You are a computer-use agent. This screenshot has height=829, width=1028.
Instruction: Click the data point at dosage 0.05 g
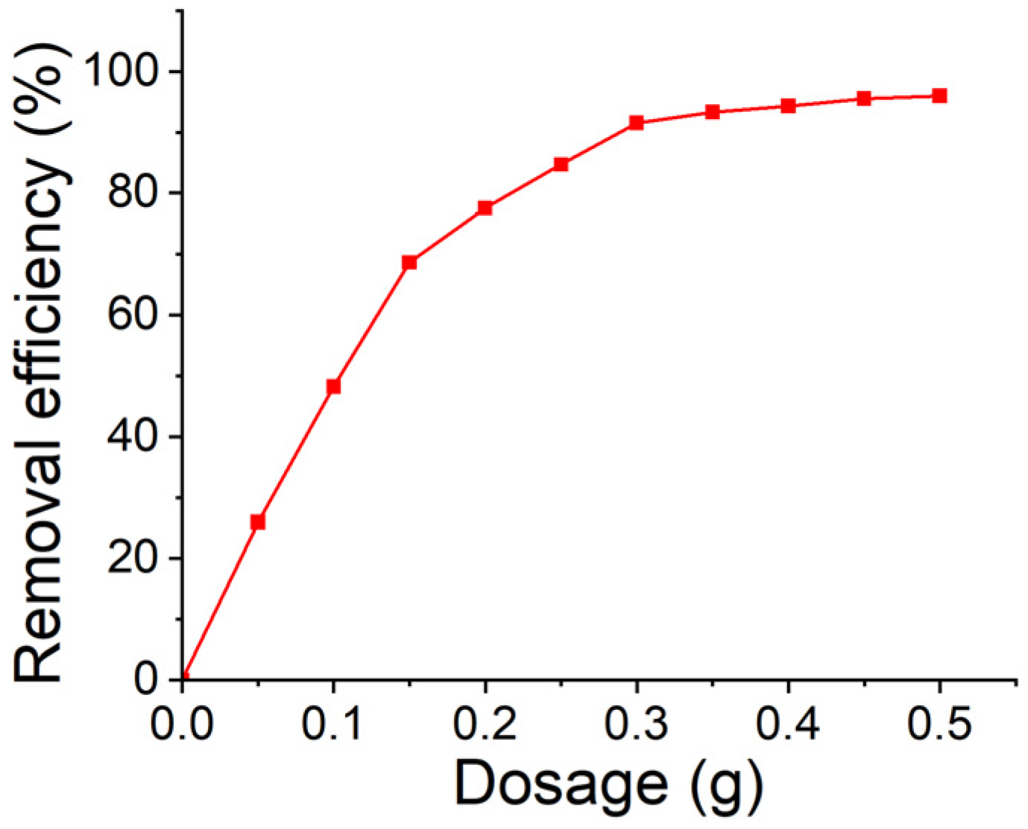tap(258, 522)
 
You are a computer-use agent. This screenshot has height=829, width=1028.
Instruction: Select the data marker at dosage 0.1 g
tap(333, 387)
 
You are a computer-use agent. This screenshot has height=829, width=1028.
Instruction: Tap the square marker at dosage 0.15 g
tap(409, 262)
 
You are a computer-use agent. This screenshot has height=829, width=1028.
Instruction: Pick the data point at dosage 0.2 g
tap(485, 208)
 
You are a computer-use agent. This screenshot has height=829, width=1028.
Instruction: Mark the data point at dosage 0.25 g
tap(561, 164)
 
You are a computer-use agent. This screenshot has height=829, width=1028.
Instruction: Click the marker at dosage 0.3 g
tap(637, 123)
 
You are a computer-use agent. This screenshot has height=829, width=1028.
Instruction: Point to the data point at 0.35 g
tap(713, 112)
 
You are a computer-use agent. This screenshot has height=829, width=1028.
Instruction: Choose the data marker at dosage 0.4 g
tap(788, 106)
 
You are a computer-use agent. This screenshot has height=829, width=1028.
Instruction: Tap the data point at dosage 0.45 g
tap(864, 98)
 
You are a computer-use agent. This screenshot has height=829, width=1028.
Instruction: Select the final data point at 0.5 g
tap(939, 95)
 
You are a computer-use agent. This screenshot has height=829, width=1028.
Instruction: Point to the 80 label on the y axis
tap(134, 193)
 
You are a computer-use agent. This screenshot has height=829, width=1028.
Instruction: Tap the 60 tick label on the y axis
tap(134, 314)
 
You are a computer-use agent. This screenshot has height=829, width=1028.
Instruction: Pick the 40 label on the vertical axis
tap(134, 436)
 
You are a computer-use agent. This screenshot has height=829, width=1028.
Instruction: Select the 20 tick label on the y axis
tap(134, 558)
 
